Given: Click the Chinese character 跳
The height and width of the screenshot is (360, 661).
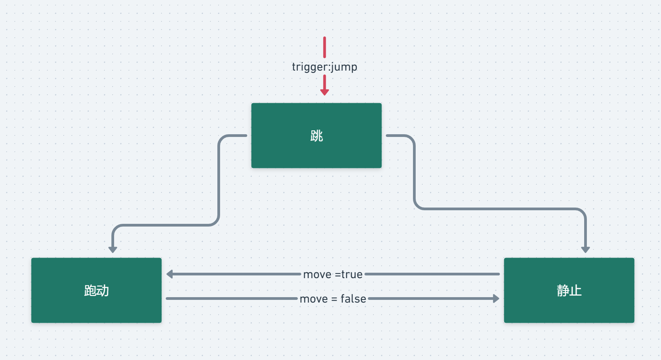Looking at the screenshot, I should pyautogui.click(x=316, y=136).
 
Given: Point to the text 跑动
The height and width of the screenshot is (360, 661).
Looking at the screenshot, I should pyautogui.click(x=96, y=290).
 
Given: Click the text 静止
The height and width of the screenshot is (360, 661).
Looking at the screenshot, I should pyautogui.click(x=569, y=290).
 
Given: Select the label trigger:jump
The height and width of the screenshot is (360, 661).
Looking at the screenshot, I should pyautogui.click(x=324, y=67).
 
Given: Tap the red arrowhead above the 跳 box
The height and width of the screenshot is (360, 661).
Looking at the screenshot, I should pyautogui.click(x=324, y=92).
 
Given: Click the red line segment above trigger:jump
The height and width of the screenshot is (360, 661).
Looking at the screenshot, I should pyautogui.click(x=324, y=47).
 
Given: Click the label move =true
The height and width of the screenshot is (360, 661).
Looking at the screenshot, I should pyautogui.click(x=333, y=274).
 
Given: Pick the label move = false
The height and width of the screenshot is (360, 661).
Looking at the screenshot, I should pyautogui.click(x=333, y=299).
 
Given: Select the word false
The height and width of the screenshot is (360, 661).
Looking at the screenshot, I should pyautogui.click(x=353, y=299).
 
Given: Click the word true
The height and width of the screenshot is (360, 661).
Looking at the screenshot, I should pyautogui.click(x=352, y=274).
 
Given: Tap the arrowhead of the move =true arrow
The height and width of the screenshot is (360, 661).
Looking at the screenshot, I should pyautogui.click(x=170, y=274).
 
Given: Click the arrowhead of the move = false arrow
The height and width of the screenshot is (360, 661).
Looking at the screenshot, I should pyautogui.click(x=496, y=298).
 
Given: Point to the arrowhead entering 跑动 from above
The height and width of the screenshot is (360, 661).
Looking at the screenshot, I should pyautogui.click(x=113, y=249).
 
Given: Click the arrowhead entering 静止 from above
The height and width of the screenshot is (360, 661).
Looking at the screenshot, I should pyautogui.click(x=585, y=249).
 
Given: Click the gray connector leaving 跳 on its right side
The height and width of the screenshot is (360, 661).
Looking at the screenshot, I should pyautogui.click(x=415, y=175).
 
